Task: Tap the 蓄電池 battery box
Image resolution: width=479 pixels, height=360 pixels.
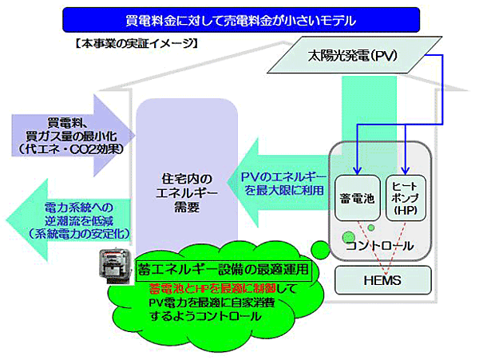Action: (355, 196)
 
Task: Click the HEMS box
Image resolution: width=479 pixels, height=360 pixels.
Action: (382, 281)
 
